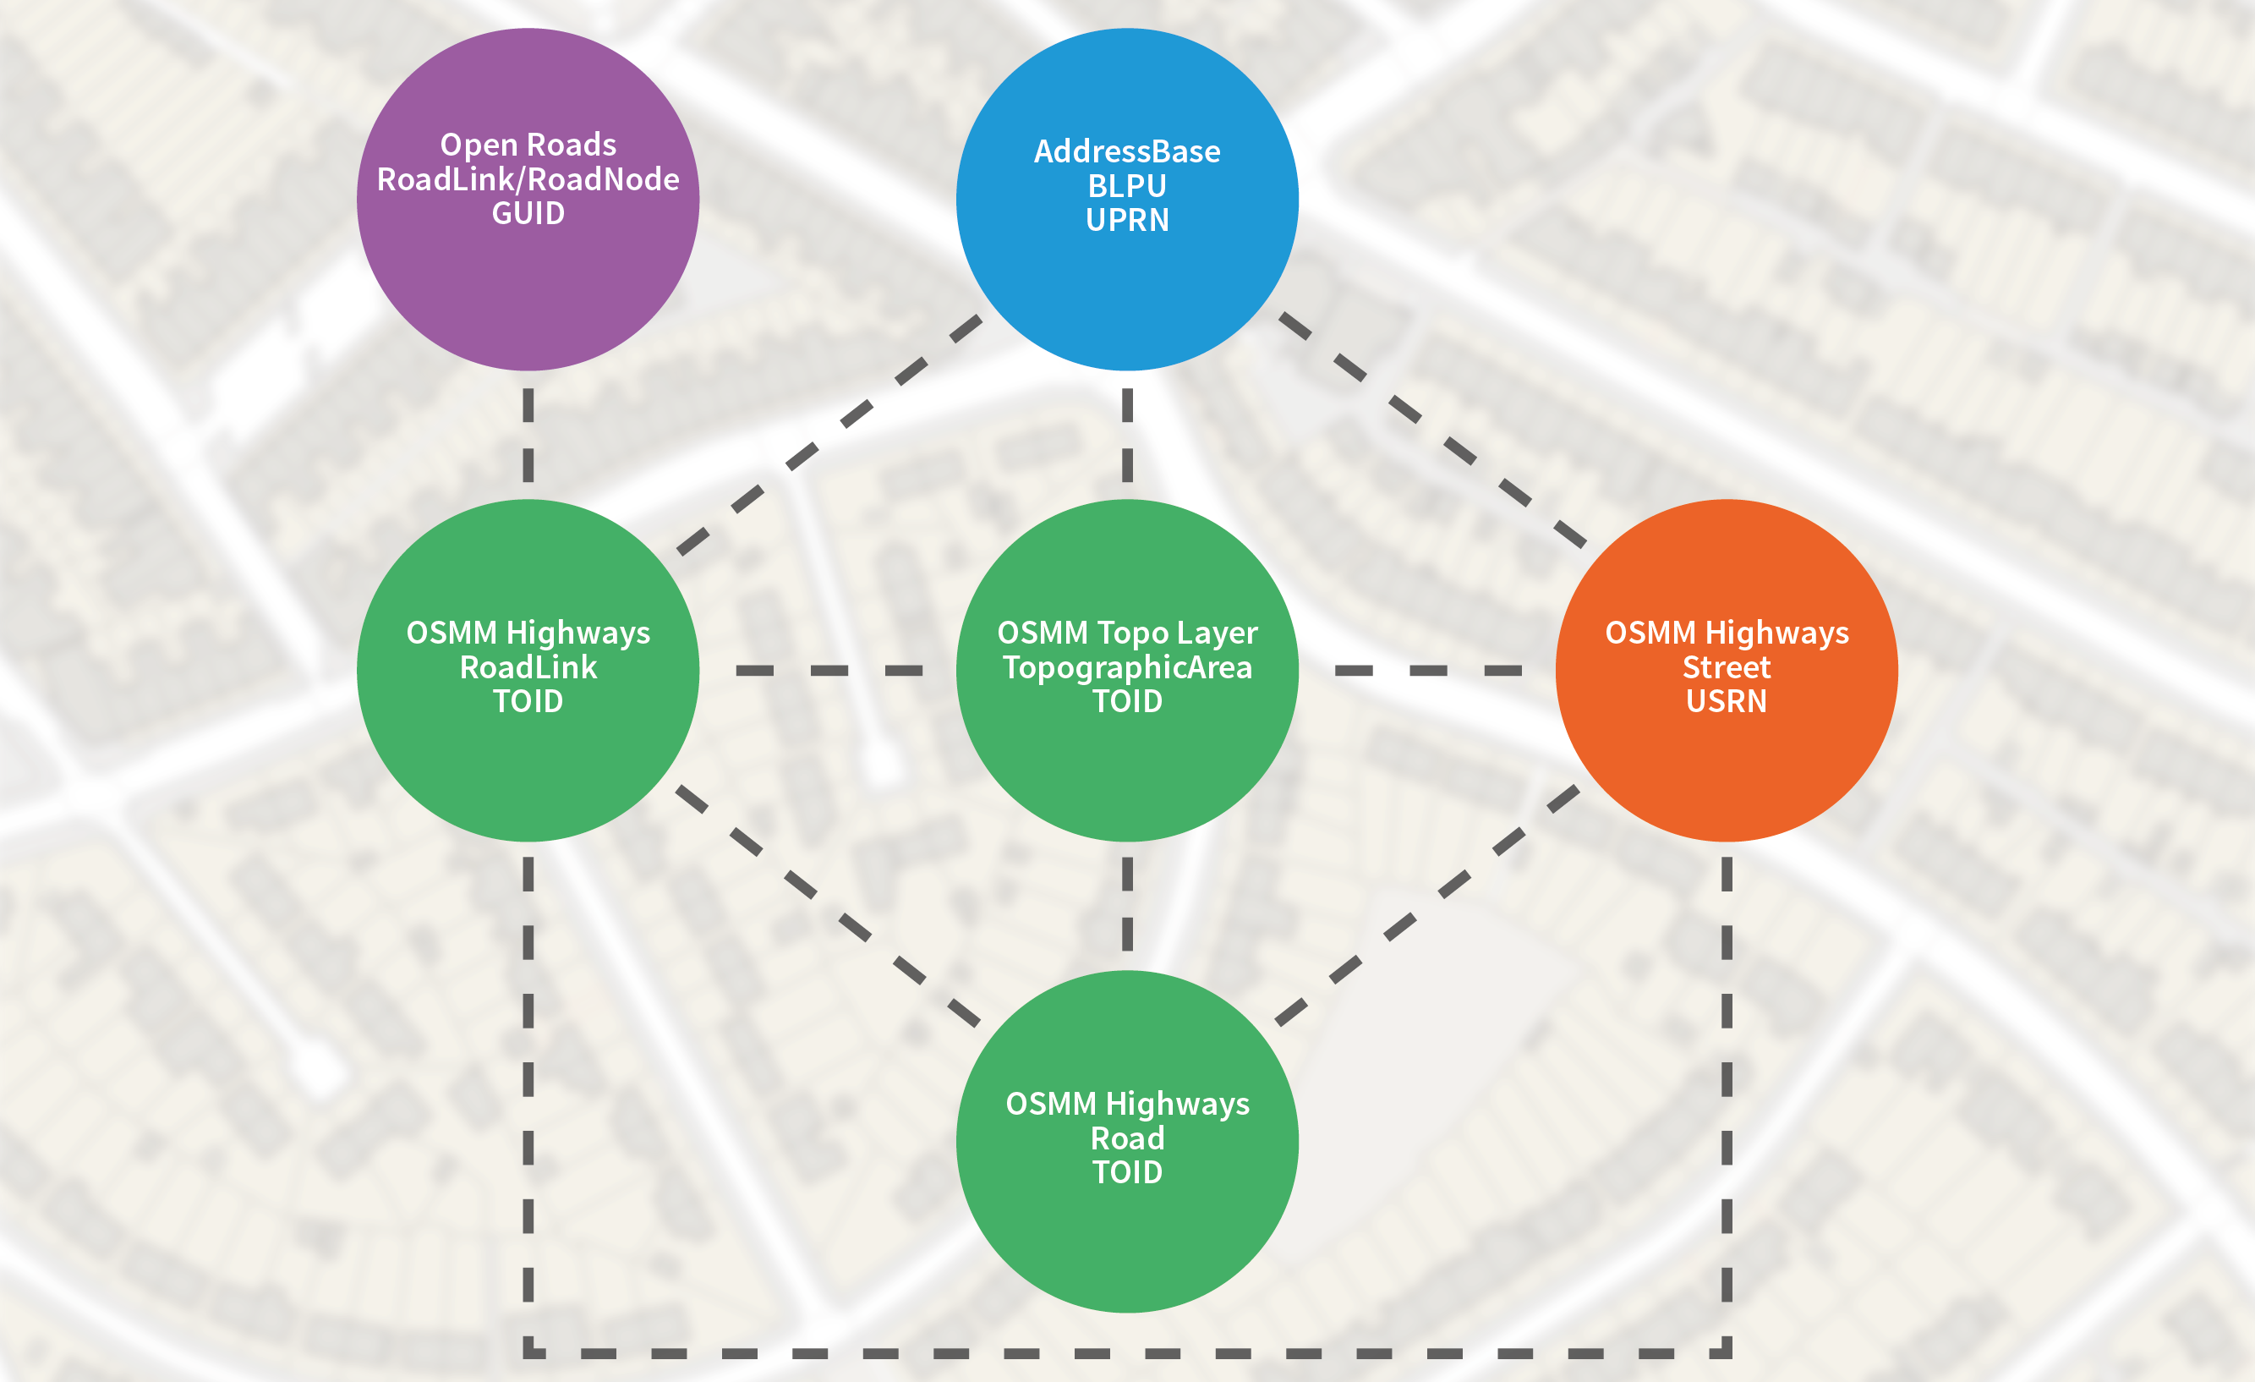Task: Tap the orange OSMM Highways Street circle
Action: (x=1726, y=769)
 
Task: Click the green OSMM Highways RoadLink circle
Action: (x=528, y=769)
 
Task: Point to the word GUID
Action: (x=528, y=213)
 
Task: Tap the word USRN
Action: (x=1726, y=701)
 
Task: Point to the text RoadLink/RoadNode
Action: (x=528, y=179)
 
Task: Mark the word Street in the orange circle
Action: (x=1726, y=667)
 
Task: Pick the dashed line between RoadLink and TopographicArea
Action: (x=829, y=671)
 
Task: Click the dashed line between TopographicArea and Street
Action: (x=1428, y=671)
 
